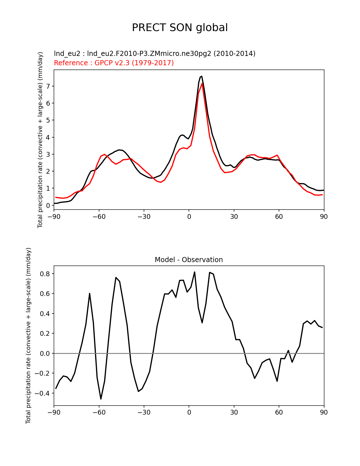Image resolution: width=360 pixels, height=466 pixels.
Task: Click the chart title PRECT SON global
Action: click(x=180, y=28)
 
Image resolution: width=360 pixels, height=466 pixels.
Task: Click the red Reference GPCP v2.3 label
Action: click(x=114, y=63)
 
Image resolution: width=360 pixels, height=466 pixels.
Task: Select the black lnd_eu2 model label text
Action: click(x=154, y=53)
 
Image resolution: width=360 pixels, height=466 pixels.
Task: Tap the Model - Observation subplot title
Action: click(x=189, y=260)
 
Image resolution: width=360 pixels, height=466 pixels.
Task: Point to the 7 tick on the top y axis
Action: click(x=48, y=86)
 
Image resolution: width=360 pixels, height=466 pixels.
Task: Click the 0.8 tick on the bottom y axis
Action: click(x=45, y=274)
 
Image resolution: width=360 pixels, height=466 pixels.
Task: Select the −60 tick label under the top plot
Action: click(x=99, y=217)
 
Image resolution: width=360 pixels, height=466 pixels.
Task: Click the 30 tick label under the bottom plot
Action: click(x=234, y=413)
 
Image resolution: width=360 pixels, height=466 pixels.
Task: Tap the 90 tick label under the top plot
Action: click(x=324, y=217)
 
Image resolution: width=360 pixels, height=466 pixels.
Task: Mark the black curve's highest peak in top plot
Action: click(x=201, y=76)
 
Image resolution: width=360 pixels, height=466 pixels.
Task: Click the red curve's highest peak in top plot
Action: click(x=202, y=83)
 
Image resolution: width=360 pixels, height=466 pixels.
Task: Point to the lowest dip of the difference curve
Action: click(x=101, y=399)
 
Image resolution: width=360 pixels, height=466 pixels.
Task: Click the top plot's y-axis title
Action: click(x=40, y=140)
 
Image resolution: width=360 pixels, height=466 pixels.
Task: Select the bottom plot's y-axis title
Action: click(x=28, y=336)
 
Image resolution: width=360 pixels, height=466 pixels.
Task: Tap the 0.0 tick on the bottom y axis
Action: click(x=45, y=353)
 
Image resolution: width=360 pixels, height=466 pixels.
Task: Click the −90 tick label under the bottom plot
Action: click(x=54, y=413)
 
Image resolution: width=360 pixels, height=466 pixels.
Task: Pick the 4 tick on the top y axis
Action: click(x=48, y=137)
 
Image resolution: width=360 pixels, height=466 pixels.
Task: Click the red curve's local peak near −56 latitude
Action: click(x=105, y=154)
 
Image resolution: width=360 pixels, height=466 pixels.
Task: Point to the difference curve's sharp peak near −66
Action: click(x=90, y=293)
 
